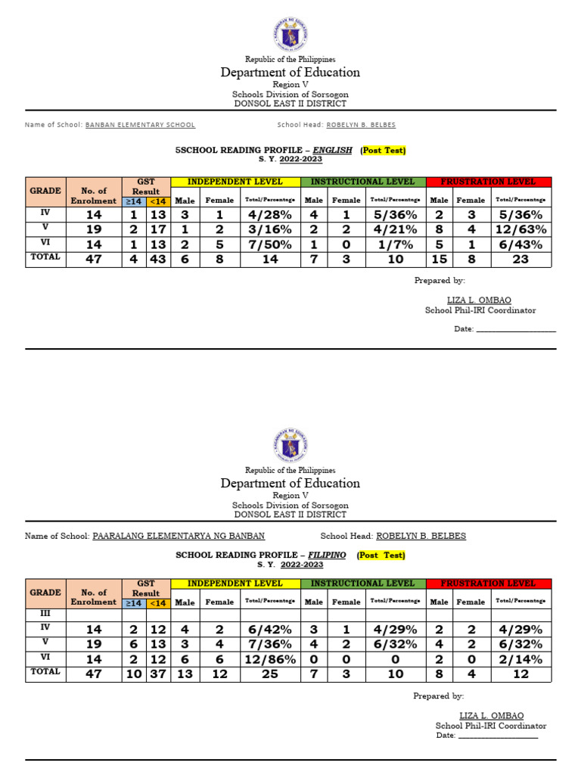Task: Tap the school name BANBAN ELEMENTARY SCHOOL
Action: click(x=140, y=125)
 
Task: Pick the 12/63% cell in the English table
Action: click(x=520, y=229)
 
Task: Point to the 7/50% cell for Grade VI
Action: click(x=270, y=244)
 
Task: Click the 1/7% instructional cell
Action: click(x=396, y=244)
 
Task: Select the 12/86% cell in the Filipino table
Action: click(x=270, y=658)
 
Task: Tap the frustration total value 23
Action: click(x=520, y=259)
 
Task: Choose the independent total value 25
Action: click(x=270, y=673)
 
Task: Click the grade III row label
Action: click(x=45, y=614)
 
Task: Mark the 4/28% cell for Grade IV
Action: click(x=270, y=214)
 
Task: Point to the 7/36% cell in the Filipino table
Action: click(x=270, y=643)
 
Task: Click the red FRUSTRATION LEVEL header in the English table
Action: click(x=489, y=182)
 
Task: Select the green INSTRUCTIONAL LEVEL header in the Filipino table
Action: click(x=363, y=584)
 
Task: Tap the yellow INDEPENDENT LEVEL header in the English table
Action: click(x=235, y=182)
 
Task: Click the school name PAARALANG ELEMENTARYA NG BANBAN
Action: click(x=179, y=536)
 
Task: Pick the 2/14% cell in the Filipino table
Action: click(x=520, y=658)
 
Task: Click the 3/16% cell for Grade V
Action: click(x=270, y=229)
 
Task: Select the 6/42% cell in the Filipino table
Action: click(x=270, y=629)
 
